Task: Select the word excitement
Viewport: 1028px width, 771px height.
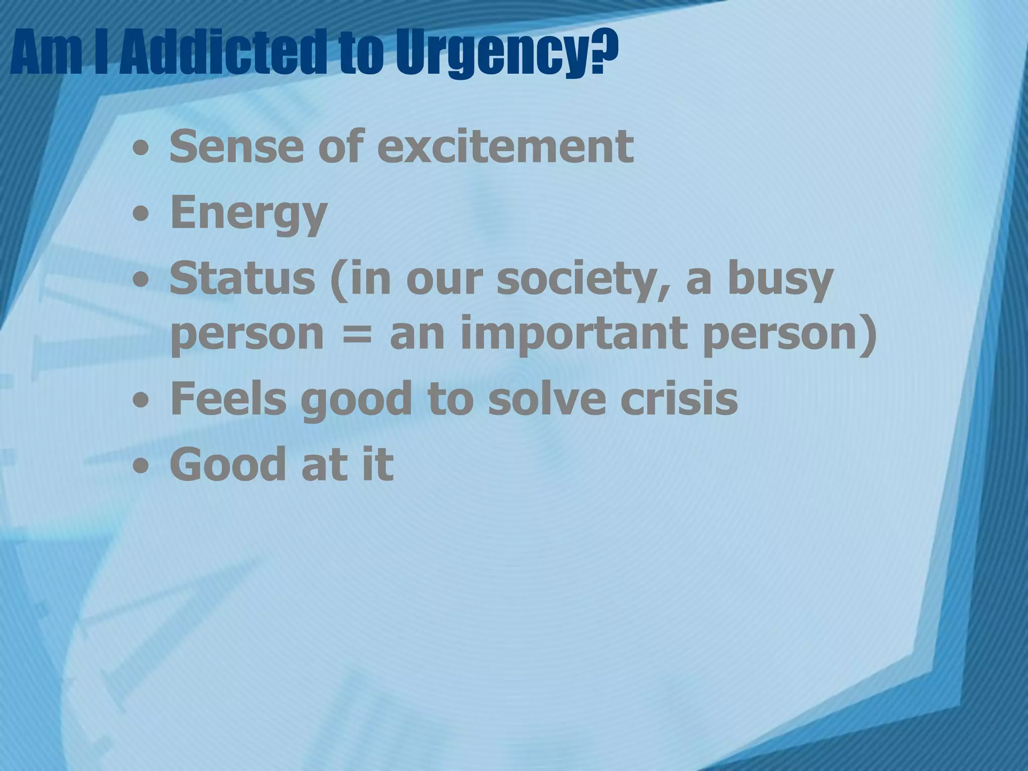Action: click(505, 147)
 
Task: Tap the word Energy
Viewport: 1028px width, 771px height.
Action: click(248, 214)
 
